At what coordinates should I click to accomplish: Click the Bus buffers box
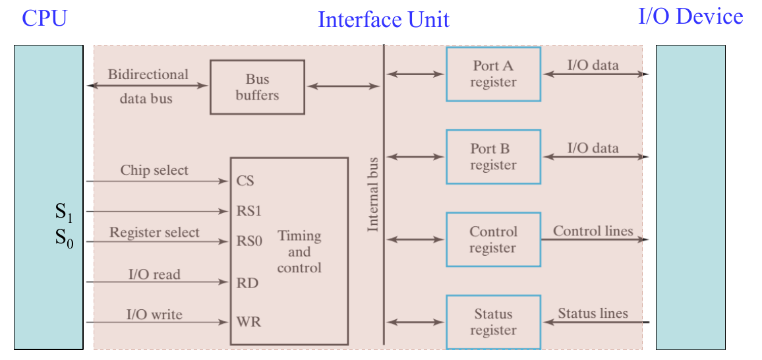tap(257, 87)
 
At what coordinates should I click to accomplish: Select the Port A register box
tap(493, 74)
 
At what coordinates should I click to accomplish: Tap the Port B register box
tap(493, 157)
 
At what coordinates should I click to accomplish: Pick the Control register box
tap(493, 239)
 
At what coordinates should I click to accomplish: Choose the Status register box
tap(493, 322)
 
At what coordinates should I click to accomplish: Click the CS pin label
tap(245, 181)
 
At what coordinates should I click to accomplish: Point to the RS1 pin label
tap(249, 212)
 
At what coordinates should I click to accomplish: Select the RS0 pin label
tap(249, 241)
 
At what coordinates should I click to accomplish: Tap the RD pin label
tap(247, 283)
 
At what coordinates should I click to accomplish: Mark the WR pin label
tap(249, 322)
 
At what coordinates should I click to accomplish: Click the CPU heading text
tap(44, 18)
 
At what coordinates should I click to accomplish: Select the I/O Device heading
tap(690, 16)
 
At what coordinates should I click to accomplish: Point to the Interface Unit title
tap(383, 20)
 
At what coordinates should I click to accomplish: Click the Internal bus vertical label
tap(373, 194)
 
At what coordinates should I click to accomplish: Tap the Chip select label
tap(154, 170)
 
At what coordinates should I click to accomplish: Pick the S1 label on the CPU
tap(63, 212)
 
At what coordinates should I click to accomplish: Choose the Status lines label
tap(593, 313)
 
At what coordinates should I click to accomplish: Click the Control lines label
tap(593, 231)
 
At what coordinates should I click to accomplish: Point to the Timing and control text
tap(299, 252)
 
